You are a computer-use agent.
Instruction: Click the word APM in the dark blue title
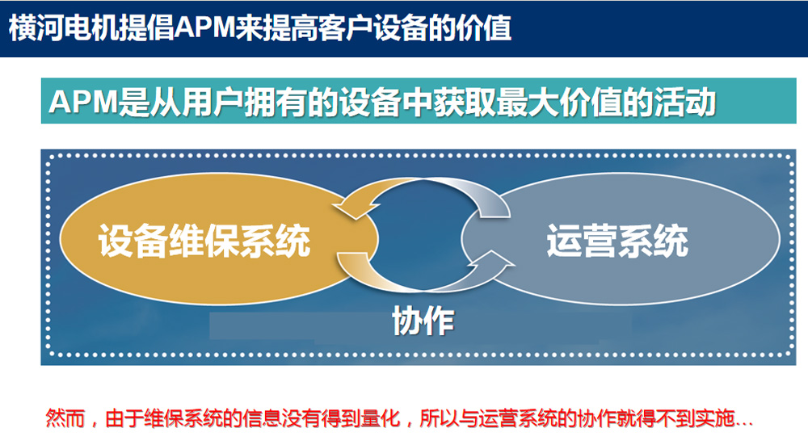click(204, 27)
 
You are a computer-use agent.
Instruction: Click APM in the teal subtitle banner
click(84, 102)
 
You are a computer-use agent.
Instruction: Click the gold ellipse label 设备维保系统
click(204, 241)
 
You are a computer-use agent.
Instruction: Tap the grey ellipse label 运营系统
click(617, 241)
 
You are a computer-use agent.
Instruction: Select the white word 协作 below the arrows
click(423, 321)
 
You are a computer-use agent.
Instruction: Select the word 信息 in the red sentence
click(263, 418)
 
